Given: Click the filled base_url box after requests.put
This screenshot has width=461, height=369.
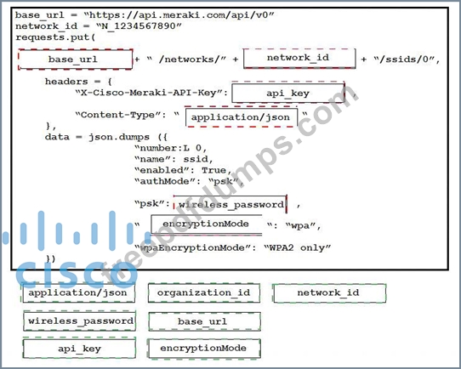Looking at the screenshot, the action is point(75,60).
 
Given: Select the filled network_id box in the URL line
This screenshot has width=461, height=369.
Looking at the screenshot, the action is point(299,58).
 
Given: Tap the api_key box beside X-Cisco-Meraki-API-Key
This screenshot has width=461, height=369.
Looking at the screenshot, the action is point(288,93).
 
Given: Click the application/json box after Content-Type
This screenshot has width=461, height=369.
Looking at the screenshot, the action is point(241,117).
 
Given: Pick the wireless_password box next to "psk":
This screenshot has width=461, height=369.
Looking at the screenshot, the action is point(230,204).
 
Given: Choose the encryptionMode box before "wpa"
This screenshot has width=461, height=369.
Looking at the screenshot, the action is point(207,224).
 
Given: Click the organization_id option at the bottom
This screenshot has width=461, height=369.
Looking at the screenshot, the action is point(204,293).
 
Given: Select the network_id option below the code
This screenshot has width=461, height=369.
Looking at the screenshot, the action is point(329,293).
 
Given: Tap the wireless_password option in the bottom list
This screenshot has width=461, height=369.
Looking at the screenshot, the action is point(79,321).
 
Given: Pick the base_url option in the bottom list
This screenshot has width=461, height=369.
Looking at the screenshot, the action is point(204,321).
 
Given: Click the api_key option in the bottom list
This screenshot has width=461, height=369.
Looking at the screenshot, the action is point(79,349).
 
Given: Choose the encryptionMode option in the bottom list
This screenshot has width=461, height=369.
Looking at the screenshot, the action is point(204,349).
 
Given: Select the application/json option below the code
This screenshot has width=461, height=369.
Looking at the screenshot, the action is point(79,292).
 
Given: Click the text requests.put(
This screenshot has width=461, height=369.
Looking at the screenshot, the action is point(56,37).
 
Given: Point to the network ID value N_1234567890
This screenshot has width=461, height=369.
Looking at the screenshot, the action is point(139,26).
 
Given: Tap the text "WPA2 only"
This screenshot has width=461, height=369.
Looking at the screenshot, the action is point(298,247).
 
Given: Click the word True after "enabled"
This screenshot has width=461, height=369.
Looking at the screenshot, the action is point(214,170).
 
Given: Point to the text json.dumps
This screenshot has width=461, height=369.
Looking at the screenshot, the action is point(119,137).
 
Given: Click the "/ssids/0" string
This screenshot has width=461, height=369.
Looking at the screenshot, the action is point(404,59).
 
